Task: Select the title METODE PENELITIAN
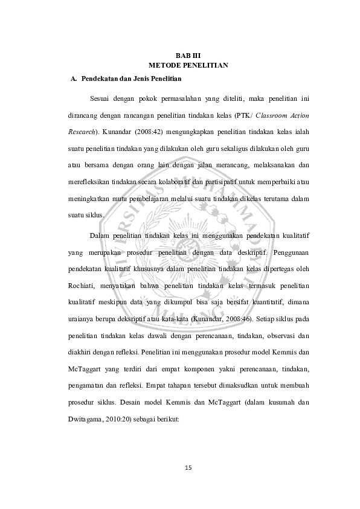(x=187, y=65)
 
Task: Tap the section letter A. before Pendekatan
(x=74, y=78)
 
